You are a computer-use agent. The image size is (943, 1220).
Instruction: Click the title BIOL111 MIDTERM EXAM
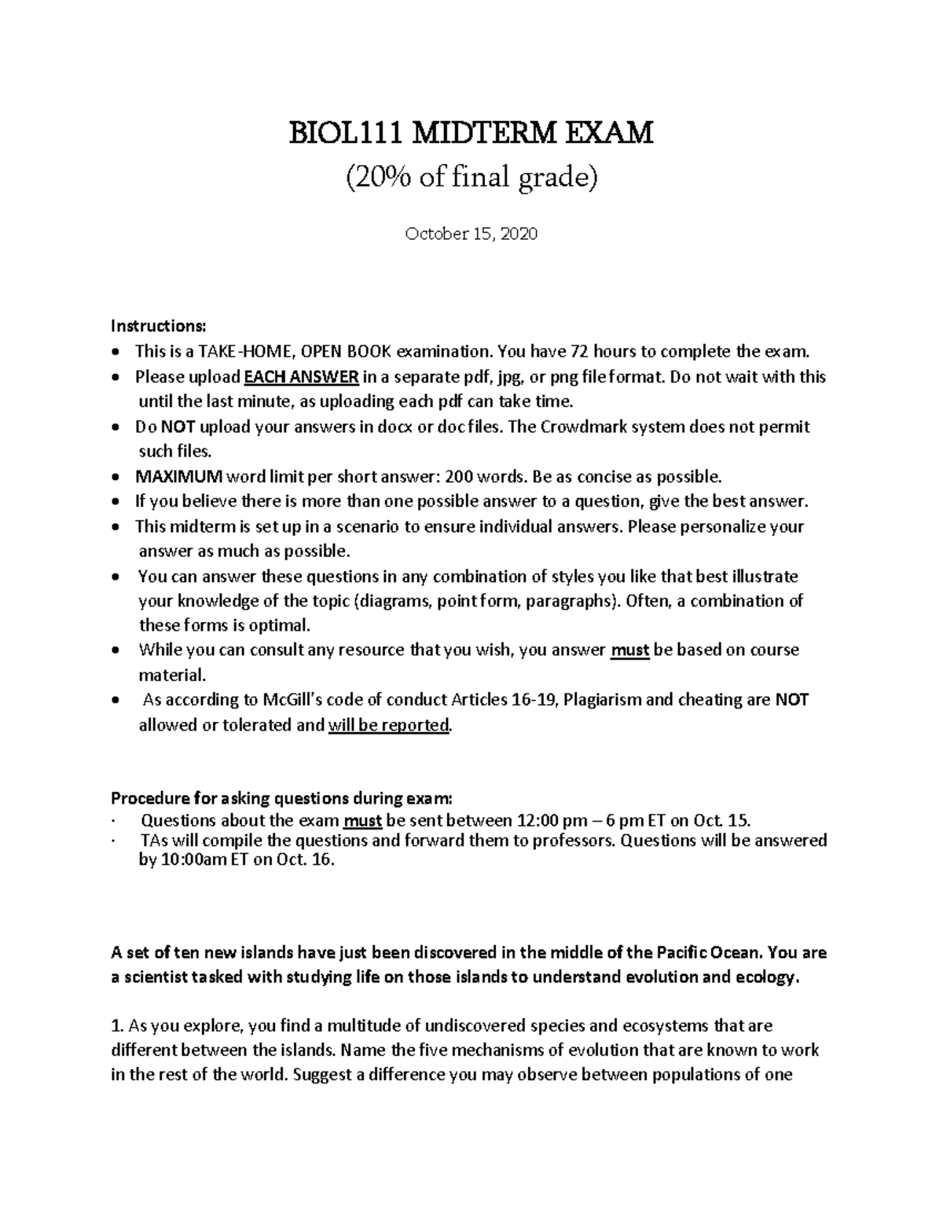coord(472,134)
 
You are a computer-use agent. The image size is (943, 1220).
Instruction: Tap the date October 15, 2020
coord(472,234)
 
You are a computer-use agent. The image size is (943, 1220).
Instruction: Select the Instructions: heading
coord(158,326)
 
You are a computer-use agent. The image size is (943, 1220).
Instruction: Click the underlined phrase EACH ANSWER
coord(302,377)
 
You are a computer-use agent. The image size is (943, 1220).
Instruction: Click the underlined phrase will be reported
coord(388,725)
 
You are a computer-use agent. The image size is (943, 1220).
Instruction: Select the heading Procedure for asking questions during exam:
coord(282,799)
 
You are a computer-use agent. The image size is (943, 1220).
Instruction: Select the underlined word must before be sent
coord(362,821)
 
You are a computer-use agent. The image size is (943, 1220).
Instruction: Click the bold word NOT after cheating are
coord(791,700)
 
